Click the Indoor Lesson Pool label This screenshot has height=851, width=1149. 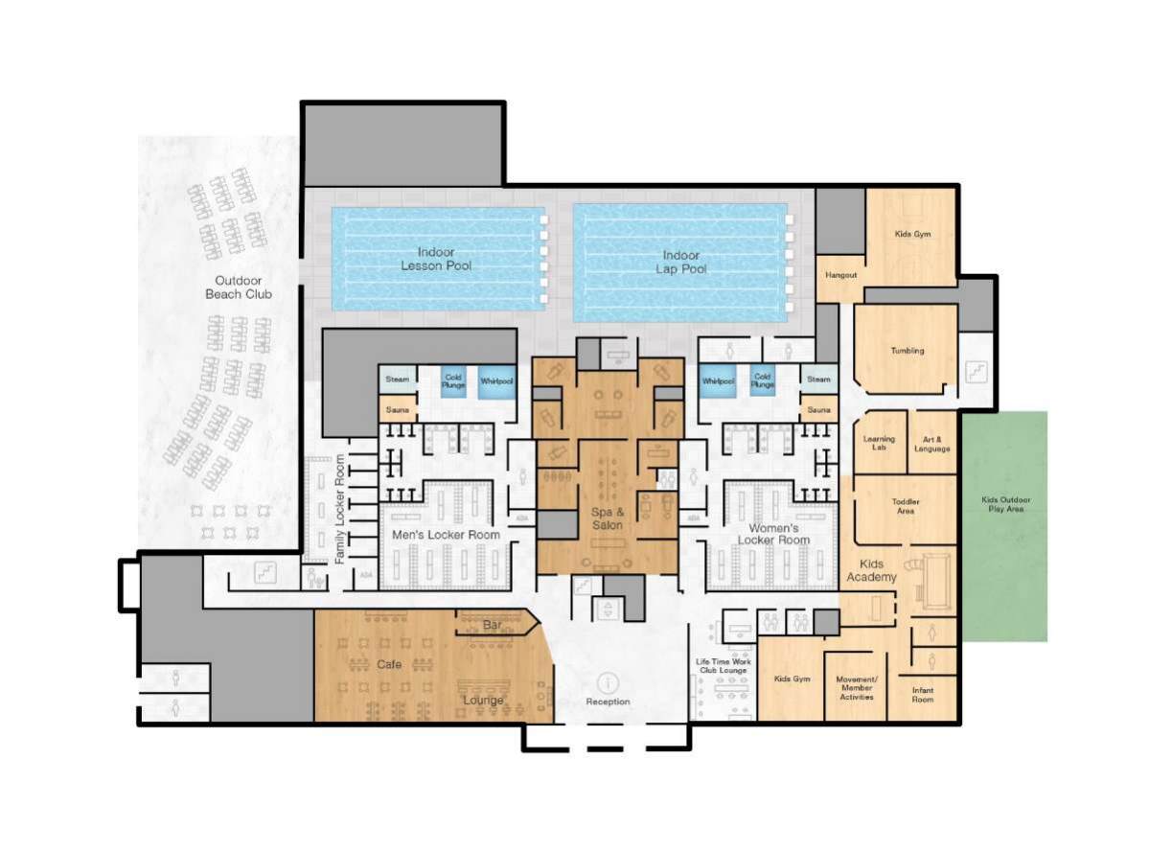436,259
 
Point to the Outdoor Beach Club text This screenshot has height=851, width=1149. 238,287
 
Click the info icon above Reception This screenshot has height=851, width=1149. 608,682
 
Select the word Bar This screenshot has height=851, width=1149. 493,625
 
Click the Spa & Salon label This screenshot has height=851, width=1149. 607,518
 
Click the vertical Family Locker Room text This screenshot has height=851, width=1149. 339,509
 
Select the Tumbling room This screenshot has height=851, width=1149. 907,351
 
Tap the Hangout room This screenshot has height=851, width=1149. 840,276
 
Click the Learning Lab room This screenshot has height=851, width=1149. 879,444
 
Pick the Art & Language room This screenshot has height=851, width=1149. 931,444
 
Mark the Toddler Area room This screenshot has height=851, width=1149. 906,506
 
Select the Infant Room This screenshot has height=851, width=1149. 922,695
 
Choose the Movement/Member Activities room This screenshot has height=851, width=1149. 856,688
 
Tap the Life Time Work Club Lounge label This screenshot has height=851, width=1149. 722,665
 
